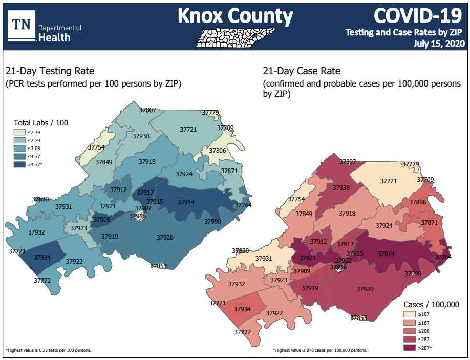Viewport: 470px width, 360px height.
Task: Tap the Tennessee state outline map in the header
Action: [x=236, y=37]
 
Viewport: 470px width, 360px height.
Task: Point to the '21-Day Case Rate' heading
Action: [x=301, y=71]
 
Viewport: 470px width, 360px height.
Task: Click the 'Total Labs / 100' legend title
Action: [x=40, y=123]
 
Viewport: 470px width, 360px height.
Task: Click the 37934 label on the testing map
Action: [x=42, y=257]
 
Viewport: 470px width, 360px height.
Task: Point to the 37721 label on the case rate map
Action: [x=389, y=181]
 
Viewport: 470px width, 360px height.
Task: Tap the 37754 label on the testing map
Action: [x=96, y=147]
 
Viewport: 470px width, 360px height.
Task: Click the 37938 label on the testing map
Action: [x=141, y=136]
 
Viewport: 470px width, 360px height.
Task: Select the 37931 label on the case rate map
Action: [x=264, y=259]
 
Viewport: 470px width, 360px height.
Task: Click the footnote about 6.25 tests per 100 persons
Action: [x=49, y=350]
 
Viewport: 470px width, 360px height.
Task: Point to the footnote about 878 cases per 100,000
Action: [x=320, y=350]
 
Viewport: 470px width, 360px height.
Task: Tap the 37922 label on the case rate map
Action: [x=274, y=313]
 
